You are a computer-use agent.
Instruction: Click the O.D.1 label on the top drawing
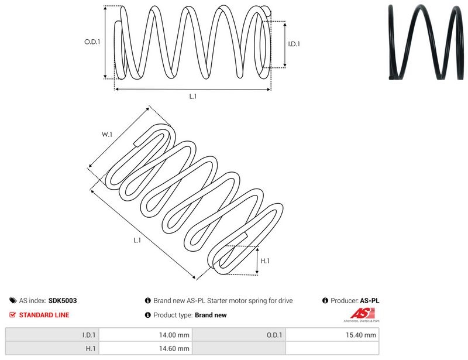[x=92, y=42]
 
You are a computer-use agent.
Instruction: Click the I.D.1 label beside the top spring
[x=294, y=44]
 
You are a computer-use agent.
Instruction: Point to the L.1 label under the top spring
[x=193, y=96]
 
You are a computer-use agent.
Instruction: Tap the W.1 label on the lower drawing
[x=107, y=135]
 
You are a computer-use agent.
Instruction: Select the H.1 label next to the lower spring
[x=265, y=261]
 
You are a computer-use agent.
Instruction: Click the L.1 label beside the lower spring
[x=137, y=240]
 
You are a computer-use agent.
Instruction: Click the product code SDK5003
[x=63, y=300]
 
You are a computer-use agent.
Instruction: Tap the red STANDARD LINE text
[x=44, y=315]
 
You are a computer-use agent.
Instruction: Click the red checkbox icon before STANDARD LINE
[x=12, y=314]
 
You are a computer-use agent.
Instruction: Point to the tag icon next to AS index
[x=13, y=300]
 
